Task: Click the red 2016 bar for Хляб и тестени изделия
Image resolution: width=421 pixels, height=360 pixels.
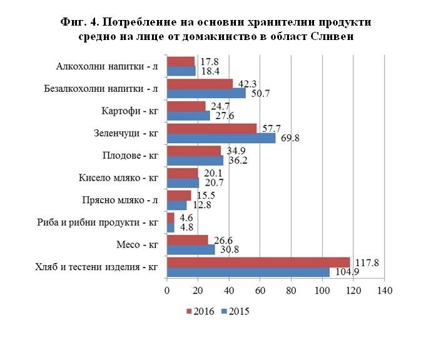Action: coord(258,262)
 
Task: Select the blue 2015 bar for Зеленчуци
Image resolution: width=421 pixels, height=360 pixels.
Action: coord(221,138)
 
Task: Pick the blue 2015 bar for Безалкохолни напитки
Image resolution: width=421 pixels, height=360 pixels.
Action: coord(206,94)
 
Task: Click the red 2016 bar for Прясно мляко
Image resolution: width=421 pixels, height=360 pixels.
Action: coord(179,196)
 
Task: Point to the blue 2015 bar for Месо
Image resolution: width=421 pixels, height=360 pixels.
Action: coord(191,249)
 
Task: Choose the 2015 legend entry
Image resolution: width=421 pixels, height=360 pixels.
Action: coord(235,311)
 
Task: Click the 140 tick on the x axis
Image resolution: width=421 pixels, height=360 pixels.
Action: coord(384,291)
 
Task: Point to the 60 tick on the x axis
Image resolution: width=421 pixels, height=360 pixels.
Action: coord(260,291)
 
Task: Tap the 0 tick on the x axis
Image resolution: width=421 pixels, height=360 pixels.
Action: coord(167,291)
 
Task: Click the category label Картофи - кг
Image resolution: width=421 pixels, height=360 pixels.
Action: coord(129,111)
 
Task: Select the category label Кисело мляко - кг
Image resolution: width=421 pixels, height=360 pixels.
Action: coord(116,177)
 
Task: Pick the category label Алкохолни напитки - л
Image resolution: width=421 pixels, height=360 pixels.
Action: coord(107,66)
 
